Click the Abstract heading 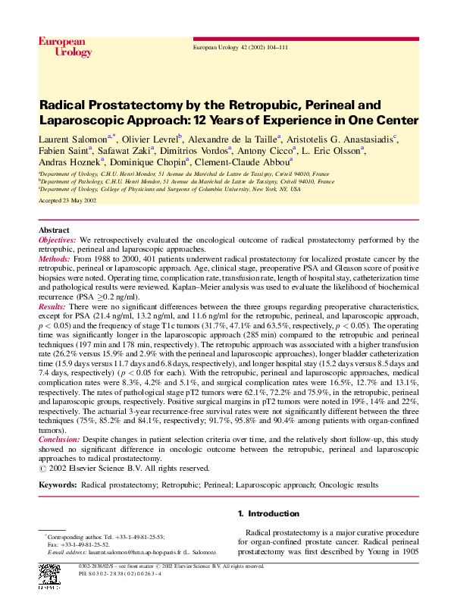(x=54, y=230)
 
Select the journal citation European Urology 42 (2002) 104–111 (x=241, y=47)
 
